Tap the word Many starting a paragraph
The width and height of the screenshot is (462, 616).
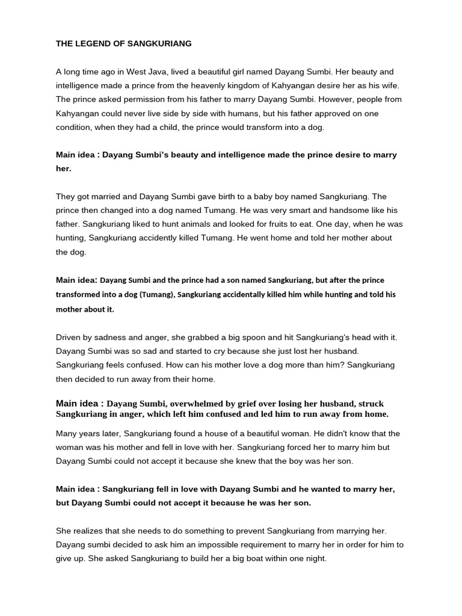(x=67, y=434)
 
